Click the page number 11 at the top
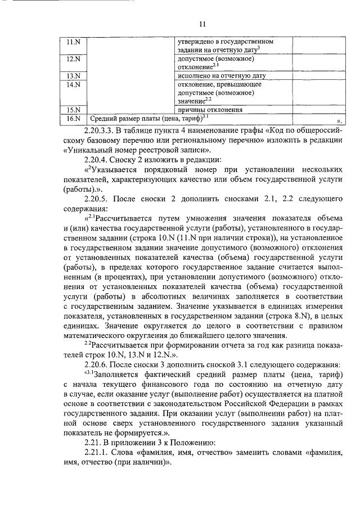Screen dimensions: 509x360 (203, 23)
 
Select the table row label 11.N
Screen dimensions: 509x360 (74, 42)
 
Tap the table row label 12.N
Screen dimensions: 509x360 (74, 59)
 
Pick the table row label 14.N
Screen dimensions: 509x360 (74, 84)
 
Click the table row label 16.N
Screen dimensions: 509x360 (74, 119)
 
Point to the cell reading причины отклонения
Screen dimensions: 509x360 (210, 110)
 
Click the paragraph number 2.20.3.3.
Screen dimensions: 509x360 (98, 130)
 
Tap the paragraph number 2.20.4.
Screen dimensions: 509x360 (95, 160)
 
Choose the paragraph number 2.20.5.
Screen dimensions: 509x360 (95, 200)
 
